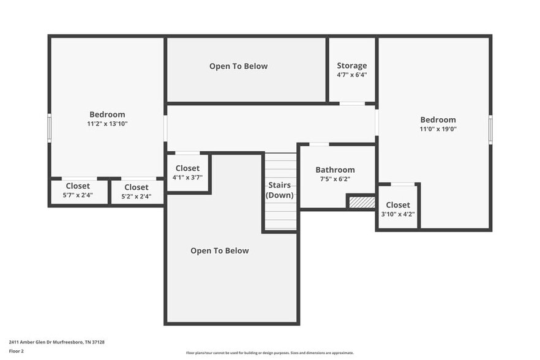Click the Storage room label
352,66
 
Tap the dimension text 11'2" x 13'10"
107,124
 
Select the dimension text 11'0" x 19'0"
438,129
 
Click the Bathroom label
335,170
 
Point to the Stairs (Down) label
279,190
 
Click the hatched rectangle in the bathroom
361,202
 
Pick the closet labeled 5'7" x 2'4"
78,190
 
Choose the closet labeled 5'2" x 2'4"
136,192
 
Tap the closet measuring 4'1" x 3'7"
187,173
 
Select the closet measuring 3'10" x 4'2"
397,209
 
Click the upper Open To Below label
238,66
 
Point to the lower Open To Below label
219,250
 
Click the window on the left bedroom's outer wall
50,128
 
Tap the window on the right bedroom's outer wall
490,130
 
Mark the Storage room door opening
352,103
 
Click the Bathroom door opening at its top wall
319,144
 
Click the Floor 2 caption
17,351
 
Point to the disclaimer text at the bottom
269,353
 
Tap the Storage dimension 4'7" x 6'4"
352,75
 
